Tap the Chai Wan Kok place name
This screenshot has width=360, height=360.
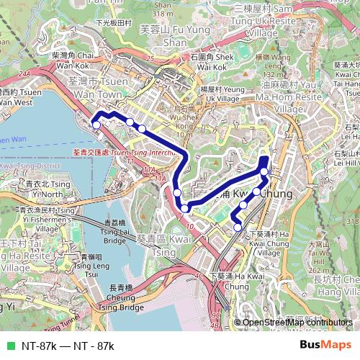pos(73,59)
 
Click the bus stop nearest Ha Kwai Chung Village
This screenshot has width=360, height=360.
pos(238,228)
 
